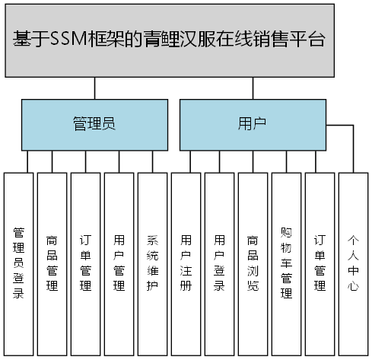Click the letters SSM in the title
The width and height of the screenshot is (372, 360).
pyautogui.click(x=67, y=40)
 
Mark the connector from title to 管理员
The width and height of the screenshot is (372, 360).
pyautogui.click(x=94, y=88)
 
